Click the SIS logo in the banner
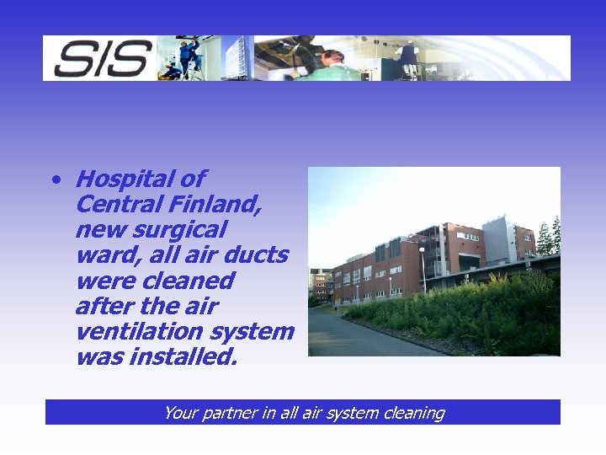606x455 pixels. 102,58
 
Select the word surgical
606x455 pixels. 185,229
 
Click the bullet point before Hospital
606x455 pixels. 55,179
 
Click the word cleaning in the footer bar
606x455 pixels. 412,413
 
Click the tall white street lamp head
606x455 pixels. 421,249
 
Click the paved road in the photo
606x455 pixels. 362,337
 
